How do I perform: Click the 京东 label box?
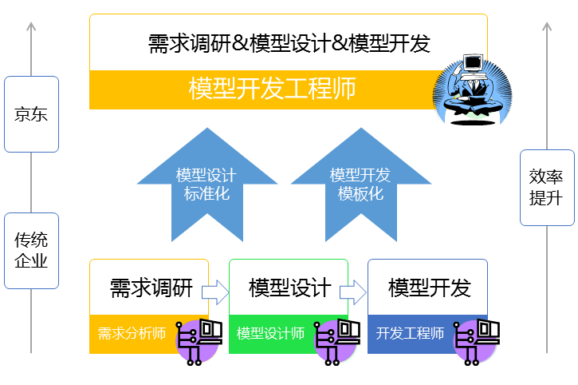31,114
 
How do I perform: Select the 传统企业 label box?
31,250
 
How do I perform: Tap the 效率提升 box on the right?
546,187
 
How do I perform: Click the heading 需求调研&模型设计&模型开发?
289,43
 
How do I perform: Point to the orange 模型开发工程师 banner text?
272,89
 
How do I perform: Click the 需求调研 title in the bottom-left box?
151,288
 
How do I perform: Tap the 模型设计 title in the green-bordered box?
289,288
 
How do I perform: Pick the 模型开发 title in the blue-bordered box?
429,288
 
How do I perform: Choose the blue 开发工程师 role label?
410,334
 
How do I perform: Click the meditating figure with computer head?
470,88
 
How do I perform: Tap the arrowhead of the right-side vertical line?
547,27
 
